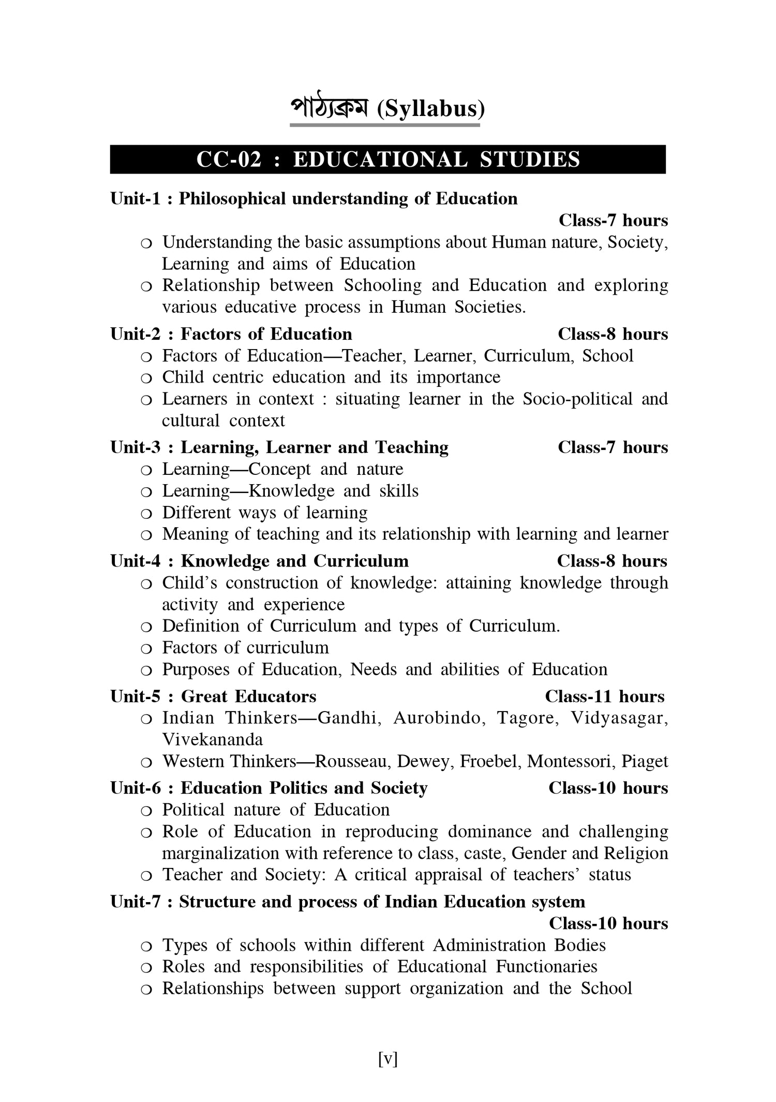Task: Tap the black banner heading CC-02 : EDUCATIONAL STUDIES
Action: [387, 160]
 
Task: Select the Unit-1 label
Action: [136, 199]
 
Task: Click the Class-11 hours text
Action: [604, 697]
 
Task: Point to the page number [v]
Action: [387, 1060]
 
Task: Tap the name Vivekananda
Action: [212, 740]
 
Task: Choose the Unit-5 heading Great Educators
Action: [248, 697]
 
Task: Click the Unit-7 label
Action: [136, 902]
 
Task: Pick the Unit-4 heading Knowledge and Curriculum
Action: [294, 561]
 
